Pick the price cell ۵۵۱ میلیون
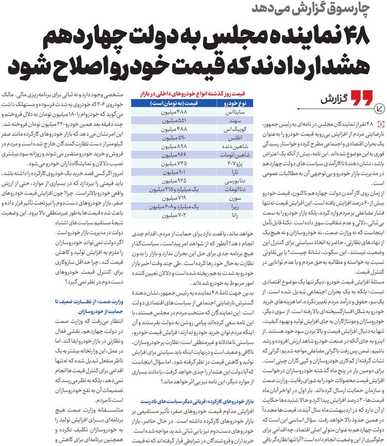(x=171, y=121)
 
